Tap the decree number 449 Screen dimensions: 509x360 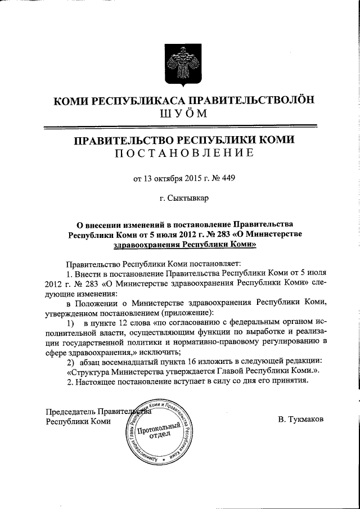tap(227, 179)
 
